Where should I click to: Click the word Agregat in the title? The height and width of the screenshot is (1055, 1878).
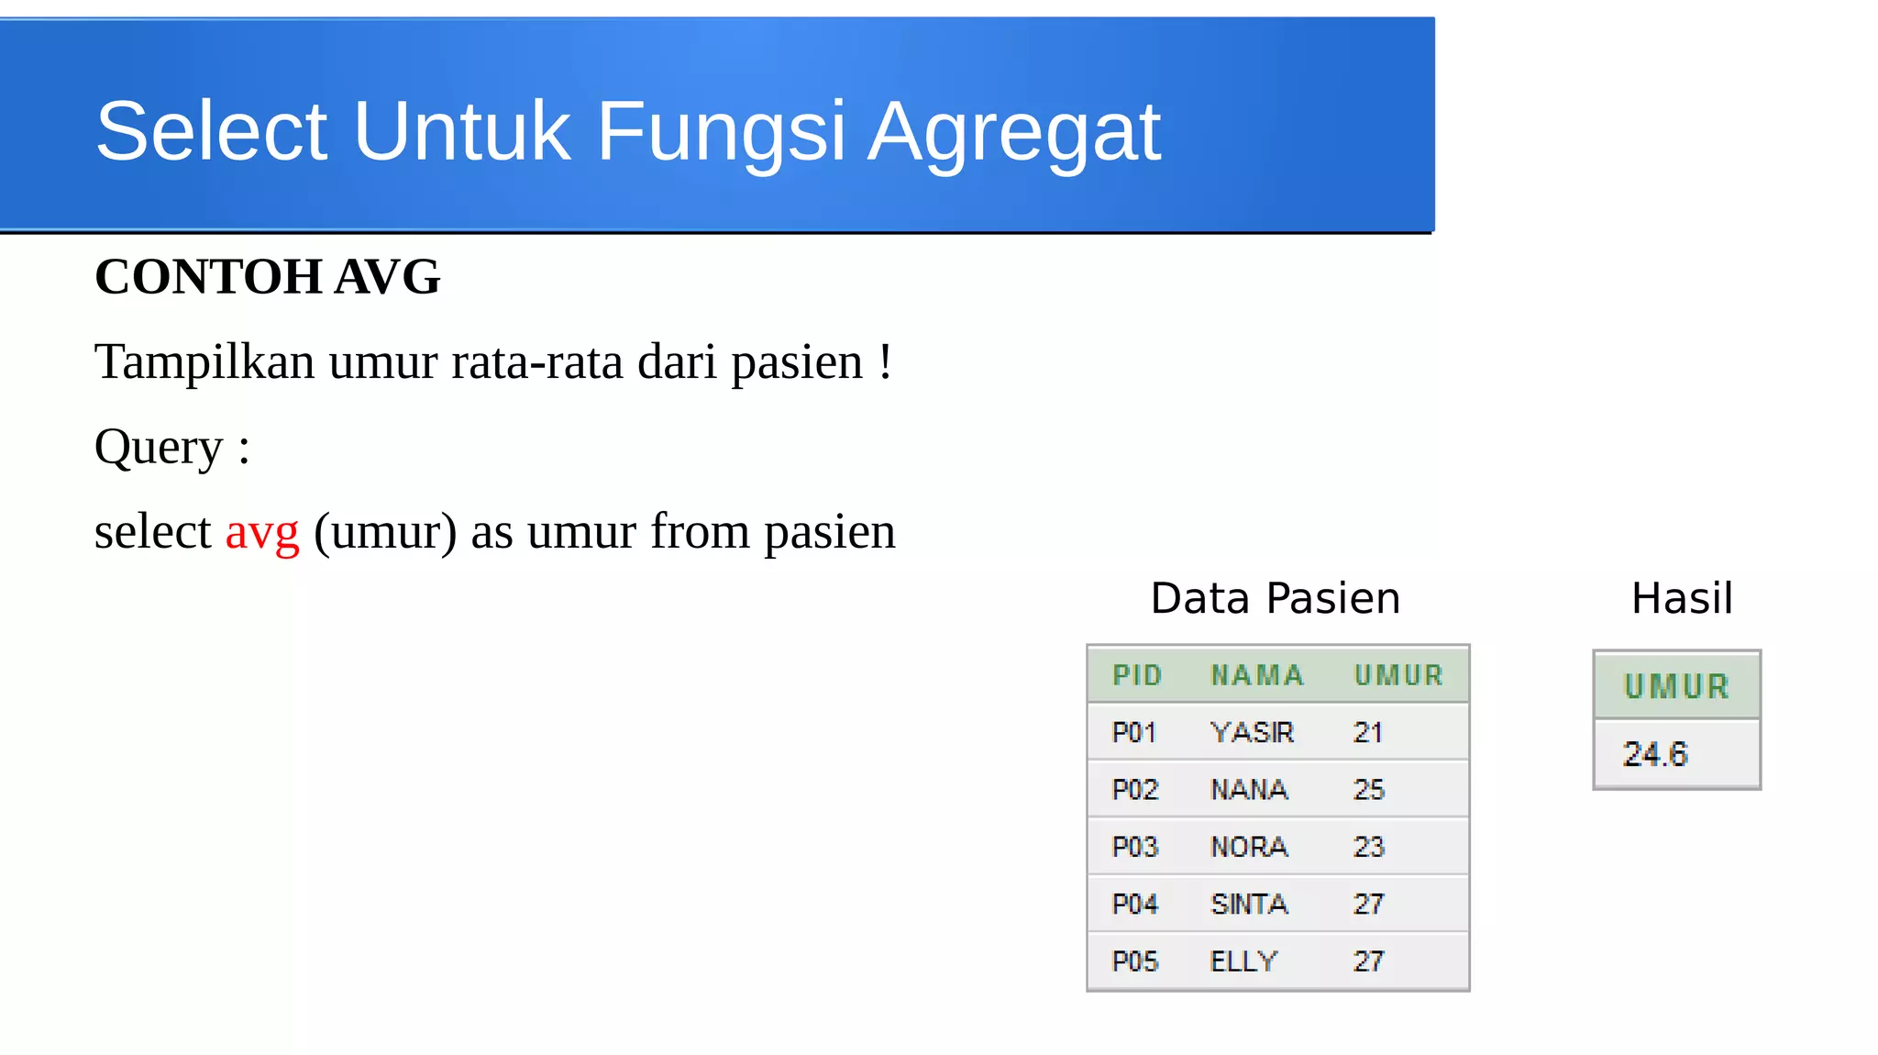[x=1014, y=133]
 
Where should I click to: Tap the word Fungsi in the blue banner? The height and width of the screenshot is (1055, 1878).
[x=721, y=133]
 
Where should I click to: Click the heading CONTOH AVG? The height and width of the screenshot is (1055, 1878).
[x=268, y=277]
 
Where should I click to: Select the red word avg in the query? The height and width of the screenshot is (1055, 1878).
[x=262, y=532]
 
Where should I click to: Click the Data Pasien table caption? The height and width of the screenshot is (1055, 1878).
[x=1275, y=598]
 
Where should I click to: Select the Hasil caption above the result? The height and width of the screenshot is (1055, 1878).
[x=1682, y=598]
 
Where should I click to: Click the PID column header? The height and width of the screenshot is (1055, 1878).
[x=1137, y=676]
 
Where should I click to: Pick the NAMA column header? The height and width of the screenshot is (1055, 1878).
[x=1257, y=676]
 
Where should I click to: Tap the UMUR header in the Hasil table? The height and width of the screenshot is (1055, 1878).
[x=1676, y=686]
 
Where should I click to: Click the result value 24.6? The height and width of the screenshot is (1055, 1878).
[x=1655, y=754]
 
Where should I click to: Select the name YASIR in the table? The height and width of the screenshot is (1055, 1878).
[x=1252, y=732]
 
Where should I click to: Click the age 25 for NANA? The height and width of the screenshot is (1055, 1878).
[x=1369, y=790]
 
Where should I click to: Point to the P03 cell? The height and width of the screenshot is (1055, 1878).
[x=1135, y=847]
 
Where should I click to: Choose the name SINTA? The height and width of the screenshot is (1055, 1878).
[x=1249, y=905]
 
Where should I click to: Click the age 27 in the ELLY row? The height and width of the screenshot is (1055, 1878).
[x=1368, y=961]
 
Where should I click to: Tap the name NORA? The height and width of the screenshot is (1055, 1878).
[x=1249, y=847]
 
